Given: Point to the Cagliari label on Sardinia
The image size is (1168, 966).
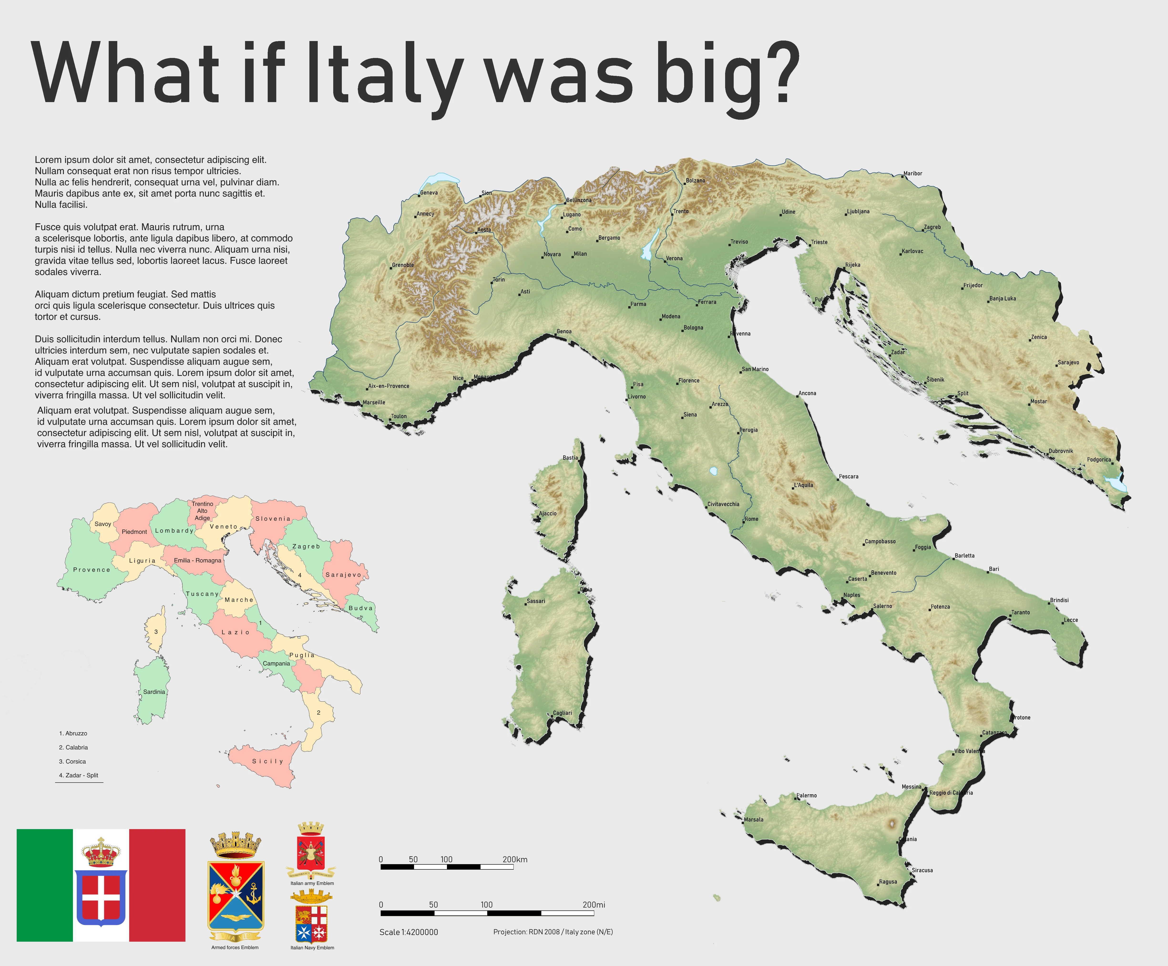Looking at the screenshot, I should pos(562,713).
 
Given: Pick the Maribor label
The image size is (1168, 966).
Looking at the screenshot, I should pos(913,174).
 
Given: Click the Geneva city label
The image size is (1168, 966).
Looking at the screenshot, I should pos(429,192).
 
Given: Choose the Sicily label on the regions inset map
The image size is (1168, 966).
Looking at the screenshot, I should pos(267,761).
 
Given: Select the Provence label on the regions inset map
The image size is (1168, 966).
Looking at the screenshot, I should pos(92,570).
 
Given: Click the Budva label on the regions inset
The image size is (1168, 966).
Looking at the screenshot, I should pos(360,608).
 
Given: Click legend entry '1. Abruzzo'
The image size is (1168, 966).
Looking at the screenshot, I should pos(73,733).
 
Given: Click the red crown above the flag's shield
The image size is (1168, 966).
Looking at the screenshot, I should pos(101,852).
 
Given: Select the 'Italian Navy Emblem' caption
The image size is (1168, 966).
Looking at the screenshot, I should pos(312,948).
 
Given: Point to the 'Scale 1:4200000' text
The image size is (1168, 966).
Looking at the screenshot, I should pos(409,932).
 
